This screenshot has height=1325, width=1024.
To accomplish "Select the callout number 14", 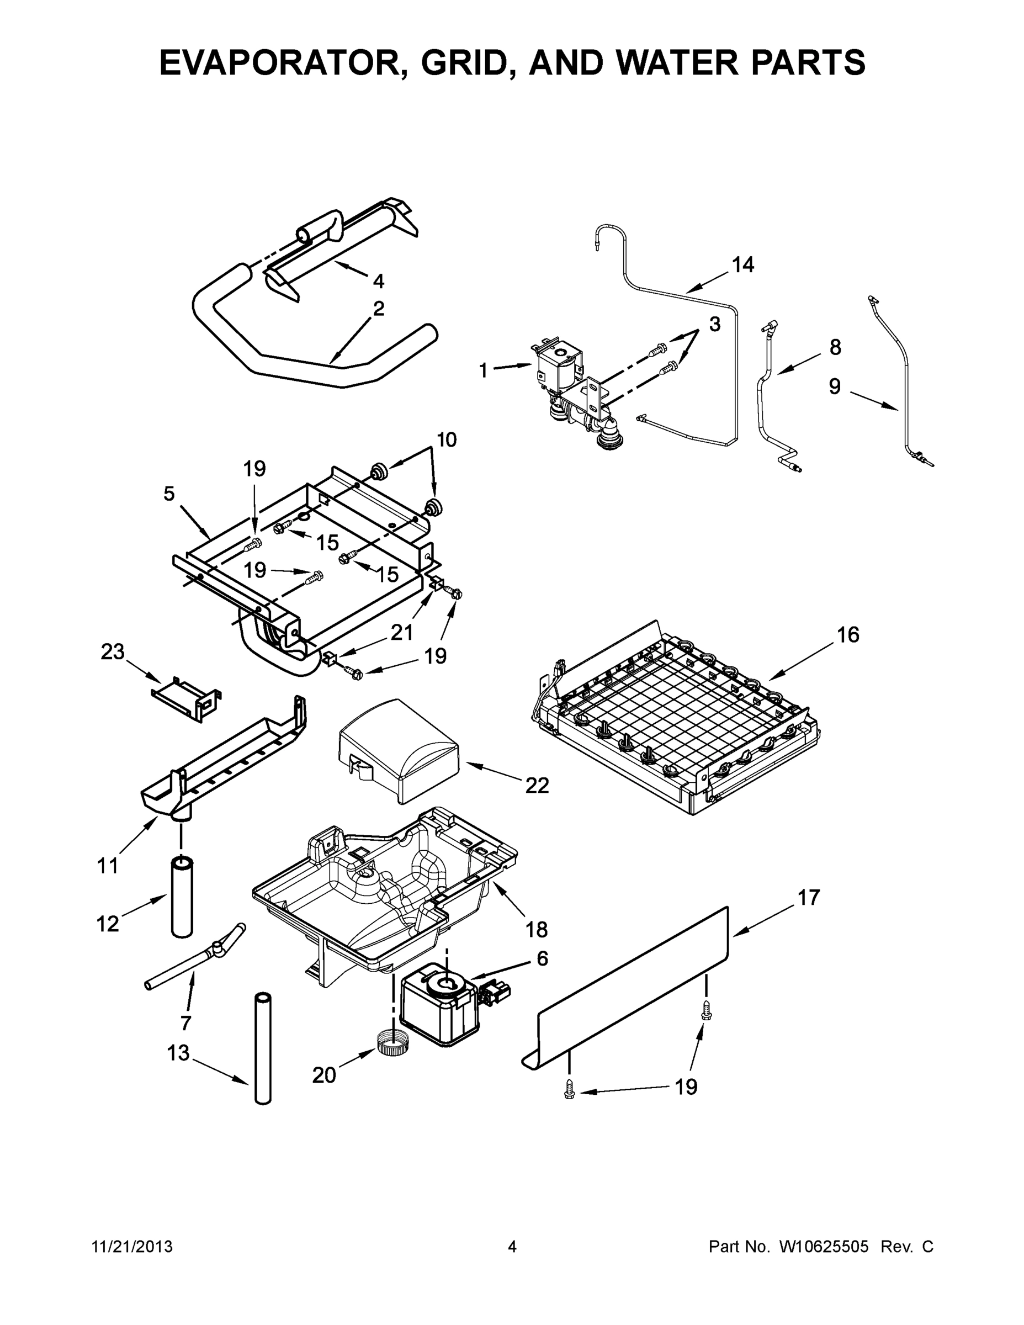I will tap(742, 264).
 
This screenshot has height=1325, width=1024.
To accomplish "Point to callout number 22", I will tap(537, 786).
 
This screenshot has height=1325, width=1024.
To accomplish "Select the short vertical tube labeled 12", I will tap(182, 898).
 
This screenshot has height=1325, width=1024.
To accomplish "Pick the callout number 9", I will tap(835, 386).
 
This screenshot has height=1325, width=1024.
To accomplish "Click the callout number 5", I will tap(169, 494).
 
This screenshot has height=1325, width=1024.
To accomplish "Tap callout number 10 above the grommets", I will tap(447, 439).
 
